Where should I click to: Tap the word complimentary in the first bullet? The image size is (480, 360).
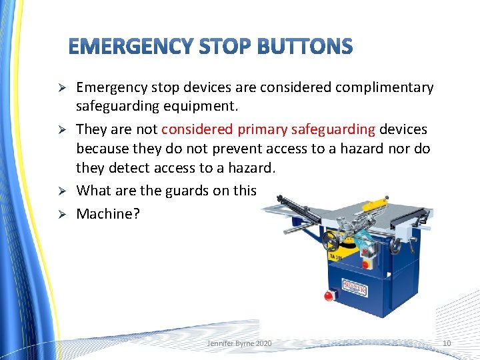[381, 87]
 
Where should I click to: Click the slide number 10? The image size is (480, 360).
[446, 343]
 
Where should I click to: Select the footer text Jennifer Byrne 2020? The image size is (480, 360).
[239, 343]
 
